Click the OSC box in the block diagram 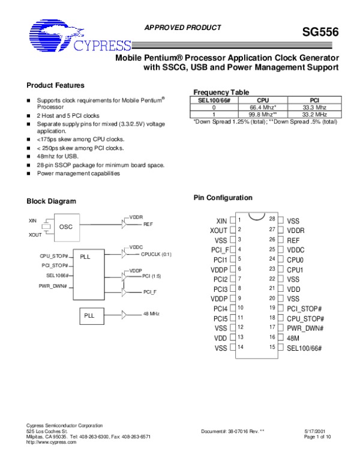click(66, 227)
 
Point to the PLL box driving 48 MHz click(89, 315)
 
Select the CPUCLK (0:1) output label click(156, 254)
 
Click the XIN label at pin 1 click(221, 221)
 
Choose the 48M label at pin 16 click(294, 338)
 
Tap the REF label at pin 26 click(293, 239)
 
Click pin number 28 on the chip click(272, 220)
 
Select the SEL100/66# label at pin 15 click(304, 348)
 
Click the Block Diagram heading click(52, 201)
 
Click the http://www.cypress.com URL click(52, 442)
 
